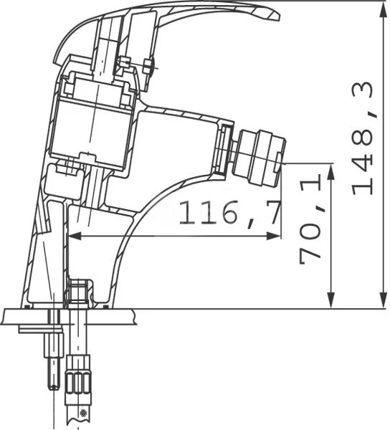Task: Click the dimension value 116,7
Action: tap(229, 214)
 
